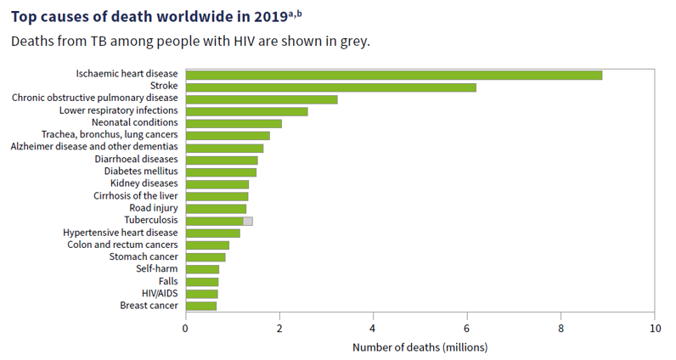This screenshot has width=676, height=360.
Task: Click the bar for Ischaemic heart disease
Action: pyautogui.click(x=393, y=75)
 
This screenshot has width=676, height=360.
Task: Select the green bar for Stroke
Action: pyautogui.click(x=330, y=87)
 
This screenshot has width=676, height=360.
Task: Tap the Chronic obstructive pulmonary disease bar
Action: pyautogui.click(x=262, y=98)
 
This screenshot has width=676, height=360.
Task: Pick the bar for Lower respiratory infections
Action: pyautogui.click(x=246, y=111)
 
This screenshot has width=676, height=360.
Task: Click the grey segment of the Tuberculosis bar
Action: pyautogui.click(x=248, y=221)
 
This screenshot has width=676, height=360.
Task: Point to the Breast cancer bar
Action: pyautogui.click(x=201, y=306)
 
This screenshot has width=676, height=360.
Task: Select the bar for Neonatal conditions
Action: pyautogui.click(x=234, y=123)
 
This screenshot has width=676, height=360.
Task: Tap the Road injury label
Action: pyautogui.click(x=154, y=208)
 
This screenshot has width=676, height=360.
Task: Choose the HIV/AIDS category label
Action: pyautogui.click(x=160, y=293)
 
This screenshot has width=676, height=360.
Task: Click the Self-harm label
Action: pyautogui.click(x=157, y=269)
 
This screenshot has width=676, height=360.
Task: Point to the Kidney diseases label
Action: pyautogui.click(x=144, y=183)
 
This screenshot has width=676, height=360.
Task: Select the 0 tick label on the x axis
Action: pyautogui.click(x=186, y=327)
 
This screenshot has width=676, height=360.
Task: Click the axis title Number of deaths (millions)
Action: pyautogui.click(x=420, y=347)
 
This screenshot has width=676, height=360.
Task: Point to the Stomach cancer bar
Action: pyautogui.click(x=206, y=257)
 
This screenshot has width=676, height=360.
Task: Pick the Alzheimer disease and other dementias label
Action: pyautogui.click(x=94, y=147)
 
